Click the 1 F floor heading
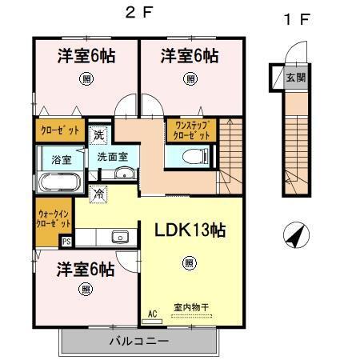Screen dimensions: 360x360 pos(295,20)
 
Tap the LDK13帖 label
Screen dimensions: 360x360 pos(190,231)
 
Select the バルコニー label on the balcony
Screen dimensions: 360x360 pos(138,342)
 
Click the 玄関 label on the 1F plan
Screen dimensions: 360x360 pos(295,78)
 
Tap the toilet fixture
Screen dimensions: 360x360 pos(189,158)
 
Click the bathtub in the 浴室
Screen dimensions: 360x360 pos(57,181)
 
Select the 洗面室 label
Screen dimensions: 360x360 pos(112,157)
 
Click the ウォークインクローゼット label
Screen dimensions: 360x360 pos(54,217)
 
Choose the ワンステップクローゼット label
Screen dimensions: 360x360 pos(190,130)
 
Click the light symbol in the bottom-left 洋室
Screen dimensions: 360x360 pos(85,290)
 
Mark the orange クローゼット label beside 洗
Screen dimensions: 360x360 pos(58,129)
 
